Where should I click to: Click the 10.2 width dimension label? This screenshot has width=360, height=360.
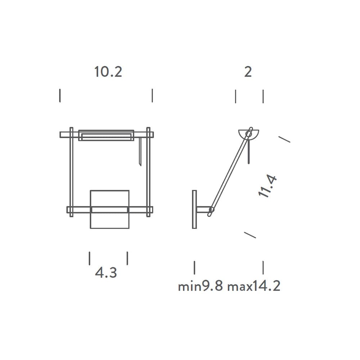108,72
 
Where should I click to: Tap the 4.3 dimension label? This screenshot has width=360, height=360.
106,273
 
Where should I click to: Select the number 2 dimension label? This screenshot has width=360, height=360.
248,72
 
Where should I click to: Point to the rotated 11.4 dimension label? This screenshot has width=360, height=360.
267,186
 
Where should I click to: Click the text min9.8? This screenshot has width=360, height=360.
201,286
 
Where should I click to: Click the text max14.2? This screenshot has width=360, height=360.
254,286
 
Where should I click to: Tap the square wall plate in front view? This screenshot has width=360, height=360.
110,210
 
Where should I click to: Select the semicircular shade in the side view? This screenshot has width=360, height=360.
249,135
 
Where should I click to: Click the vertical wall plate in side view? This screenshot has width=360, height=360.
194,210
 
